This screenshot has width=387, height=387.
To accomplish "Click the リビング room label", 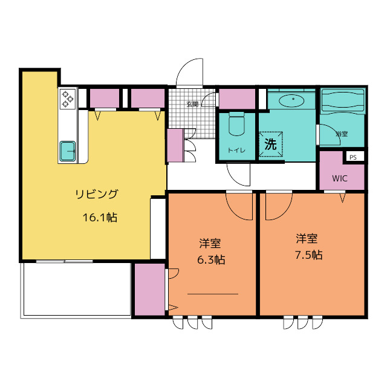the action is [x=97, y=194].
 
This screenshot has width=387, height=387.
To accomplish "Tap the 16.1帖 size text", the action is [x=100, y=218].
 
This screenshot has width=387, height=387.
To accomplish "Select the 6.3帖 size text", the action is [x=211, y=259].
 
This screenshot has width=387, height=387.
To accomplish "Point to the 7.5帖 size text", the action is [x=309, y=255].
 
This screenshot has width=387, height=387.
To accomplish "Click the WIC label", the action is [x=340, y=178].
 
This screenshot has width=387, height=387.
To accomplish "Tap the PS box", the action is [x=353, y=157].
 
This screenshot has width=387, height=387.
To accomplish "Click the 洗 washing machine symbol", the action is [x=270, y=144].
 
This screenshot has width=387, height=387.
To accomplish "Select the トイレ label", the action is [x=236, y=150].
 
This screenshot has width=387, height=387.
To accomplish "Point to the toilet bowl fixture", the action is [x=236, y=123].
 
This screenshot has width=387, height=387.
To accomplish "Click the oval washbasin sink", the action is [x=291, y=100].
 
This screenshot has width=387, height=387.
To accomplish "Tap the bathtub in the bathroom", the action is [x=342, y=101].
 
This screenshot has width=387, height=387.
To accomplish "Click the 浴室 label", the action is [x=342, y=134].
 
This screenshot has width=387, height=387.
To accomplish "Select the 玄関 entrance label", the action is [x=192, y=104].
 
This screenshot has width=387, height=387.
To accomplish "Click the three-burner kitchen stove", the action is [x=67, y=99].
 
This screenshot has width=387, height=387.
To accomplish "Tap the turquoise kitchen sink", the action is [x=67, y=151].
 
